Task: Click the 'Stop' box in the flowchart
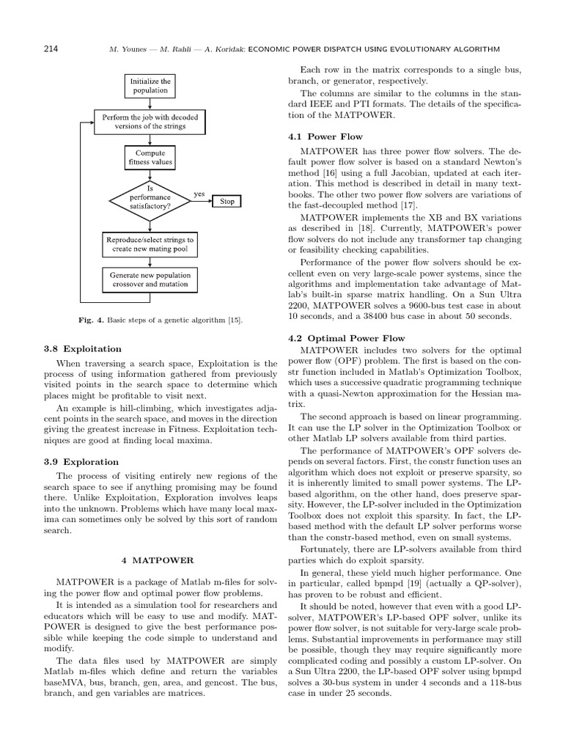click(x=227, y=201)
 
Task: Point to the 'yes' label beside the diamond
click(x=199, y=194)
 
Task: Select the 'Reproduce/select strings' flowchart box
click(x=150, y=244)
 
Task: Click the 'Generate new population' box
click(x=150, y=279)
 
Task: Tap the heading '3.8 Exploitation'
click(x=83, y=348)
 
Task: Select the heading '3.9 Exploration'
click(x=81, y=462)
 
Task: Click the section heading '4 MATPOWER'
click(x=160, y=560)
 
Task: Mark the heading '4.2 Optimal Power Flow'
click(x=347, y=338)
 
